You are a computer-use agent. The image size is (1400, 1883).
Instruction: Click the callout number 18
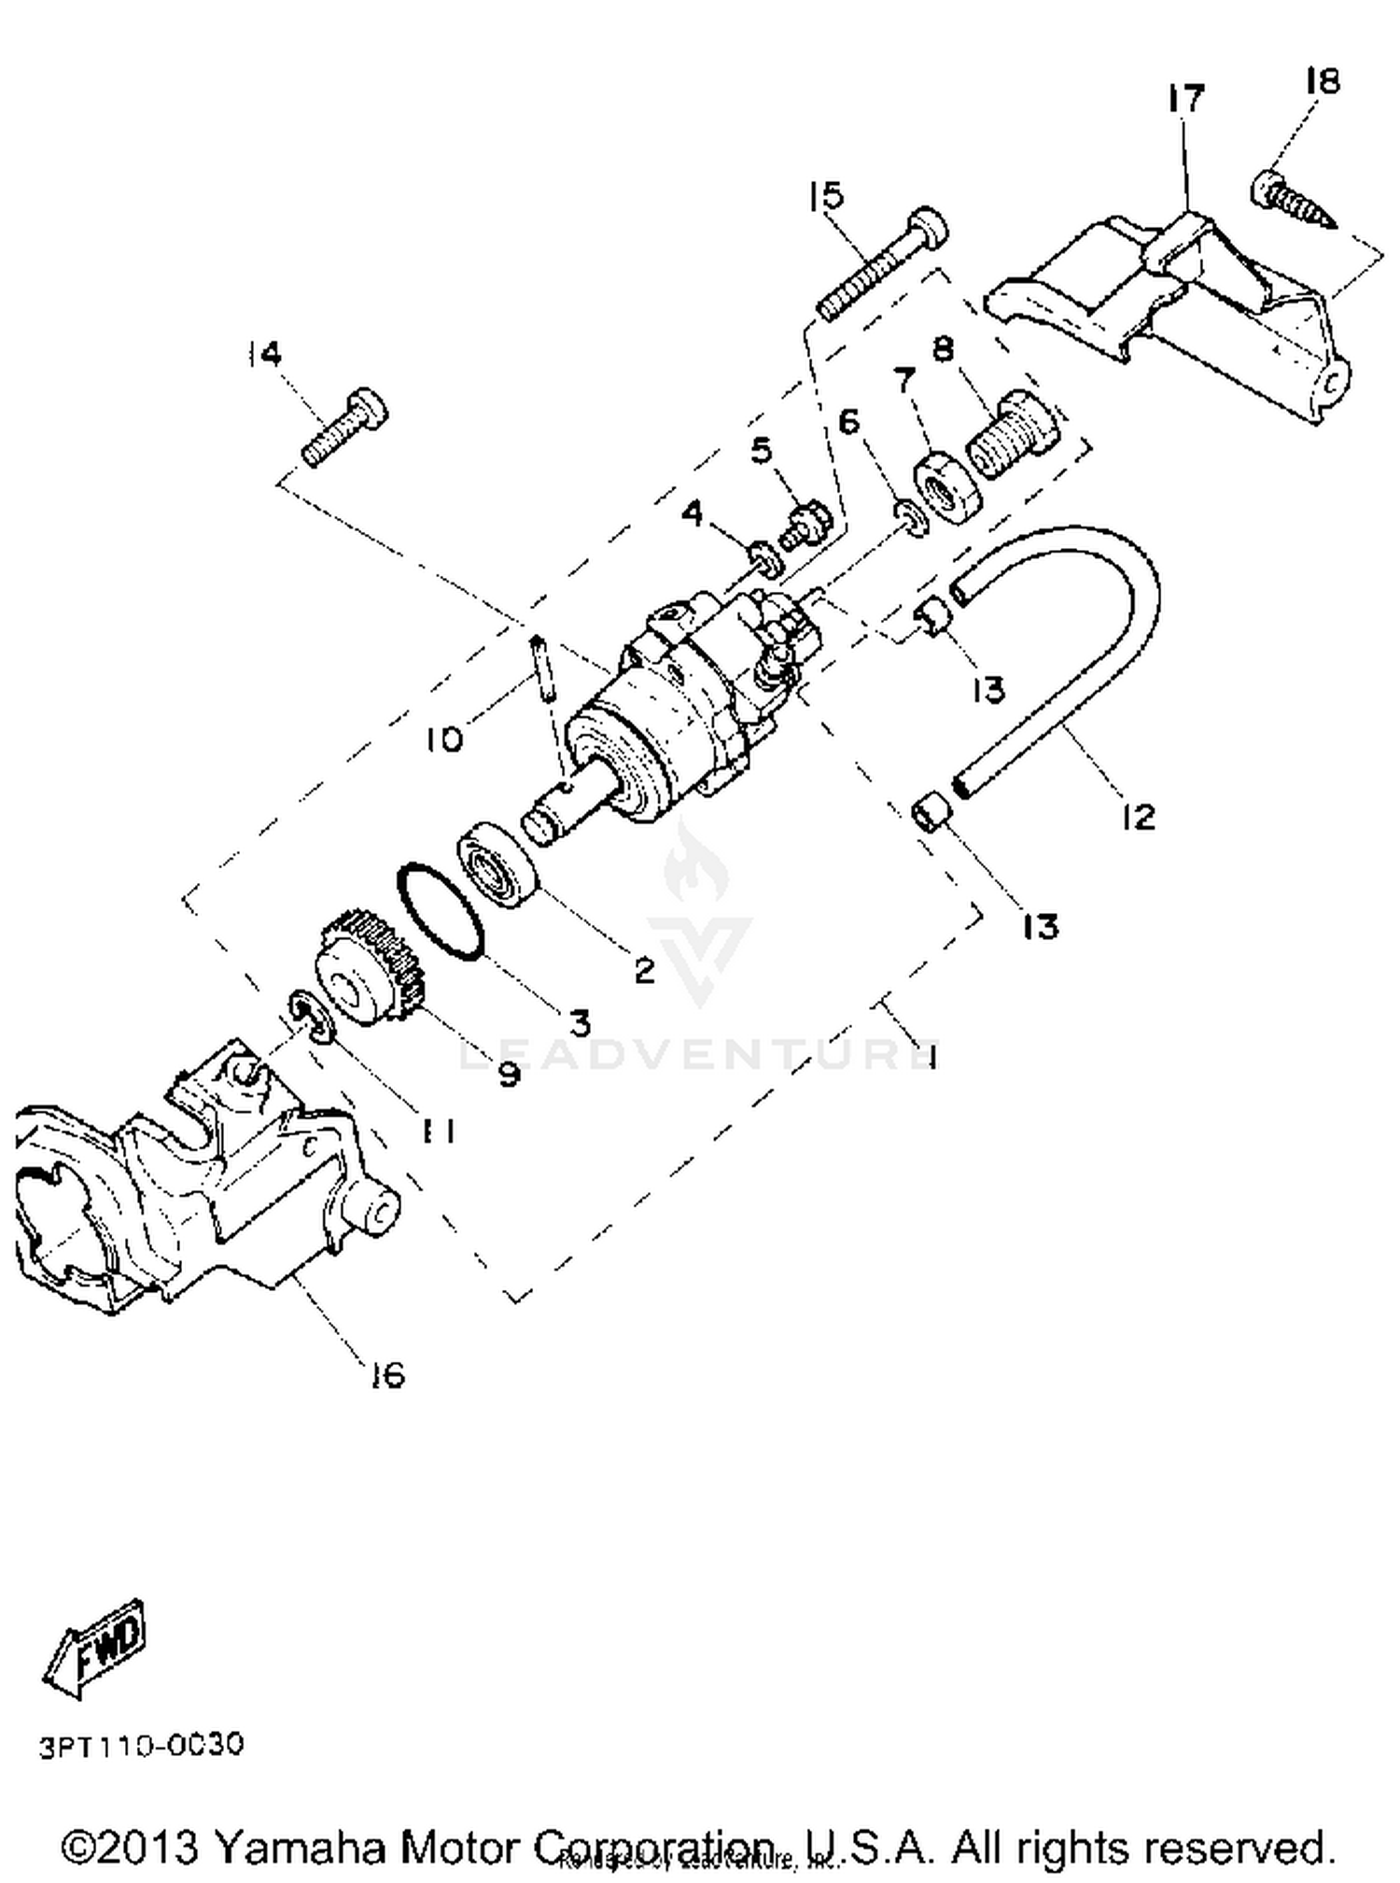point(1323,81)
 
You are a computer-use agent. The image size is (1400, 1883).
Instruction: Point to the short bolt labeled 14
point(345,428)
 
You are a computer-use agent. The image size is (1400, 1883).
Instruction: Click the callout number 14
point(264,354)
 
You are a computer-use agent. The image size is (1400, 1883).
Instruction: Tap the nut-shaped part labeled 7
point(948,485)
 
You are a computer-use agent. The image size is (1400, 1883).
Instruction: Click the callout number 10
point(444,740)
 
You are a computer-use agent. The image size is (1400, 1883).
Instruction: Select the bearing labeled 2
point(498,861)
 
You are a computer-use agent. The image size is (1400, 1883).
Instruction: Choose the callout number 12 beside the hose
point(1138,817)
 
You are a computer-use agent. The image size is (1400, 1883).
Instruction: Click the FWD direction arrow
point(96,1649)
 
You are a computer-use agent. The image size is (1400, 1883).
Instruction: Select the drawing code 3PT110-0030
point(141,1745)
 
